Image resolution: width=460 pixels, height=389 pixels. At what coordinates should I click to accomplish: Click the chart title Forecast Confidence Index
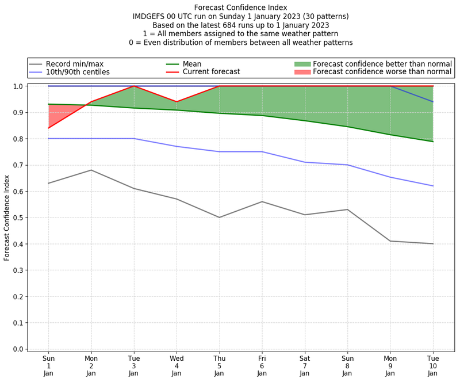point(240,7)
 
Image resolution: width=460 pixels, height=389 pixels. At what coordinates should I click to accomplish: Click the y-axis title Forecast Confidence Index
point(7,217)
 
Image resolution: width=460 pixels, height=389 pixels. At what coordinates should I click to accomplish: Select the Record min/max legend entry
point(74,64)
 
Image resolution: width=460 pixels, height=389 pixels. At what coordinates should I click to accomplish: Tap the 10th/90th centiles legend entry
point(78,73)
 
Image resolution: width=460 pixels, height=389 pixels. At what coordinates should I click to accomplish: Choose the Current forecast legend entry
point(211,73)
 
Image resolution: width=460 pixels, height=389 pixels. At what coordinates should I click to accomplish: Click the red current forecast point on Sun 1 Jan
point(48,128)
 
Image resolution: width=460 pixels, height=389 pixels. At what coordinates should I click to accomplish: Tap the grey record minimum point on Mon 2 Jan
point(91,170)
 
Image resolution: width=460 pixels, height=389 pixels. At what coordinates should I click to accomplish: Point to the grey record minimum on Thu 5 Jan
point(219,218)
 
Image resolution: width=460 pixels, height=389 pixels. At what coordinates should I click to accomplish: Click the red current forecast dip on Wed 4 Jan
point(177,102)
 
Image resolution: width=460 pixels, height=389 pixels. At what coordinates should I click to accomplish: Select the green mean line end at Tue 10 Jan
point(433,142)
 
